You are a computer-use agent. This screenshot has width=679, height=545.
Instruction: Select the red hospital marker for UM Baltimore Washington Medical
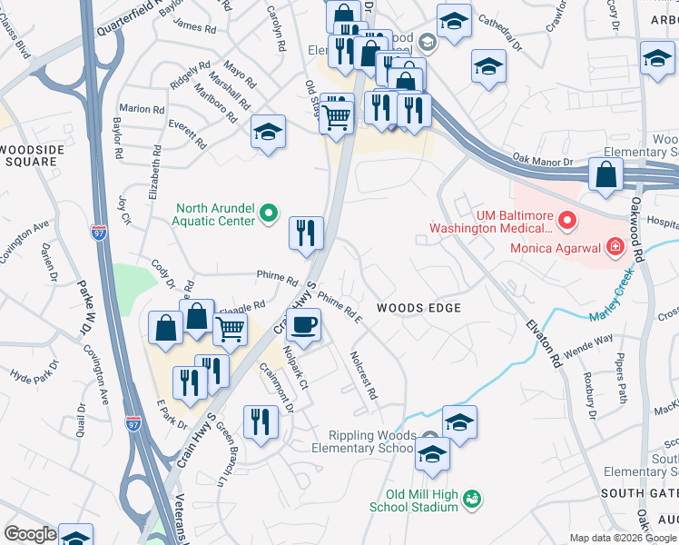567,221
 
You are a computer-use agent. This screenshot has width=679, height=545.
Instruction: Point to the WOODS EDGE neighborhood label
418,308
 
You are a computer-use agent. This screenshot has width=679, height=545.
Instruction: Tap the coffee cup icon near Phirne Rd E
303,323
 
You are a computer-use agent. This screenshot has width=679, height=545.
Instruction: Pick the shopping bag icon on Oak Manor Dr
605,174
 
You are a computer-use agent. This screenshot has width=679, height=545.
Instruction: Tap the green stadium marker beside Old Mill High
471,499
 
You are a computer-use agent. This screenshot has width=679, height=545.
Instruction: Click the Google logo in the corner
30,534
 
